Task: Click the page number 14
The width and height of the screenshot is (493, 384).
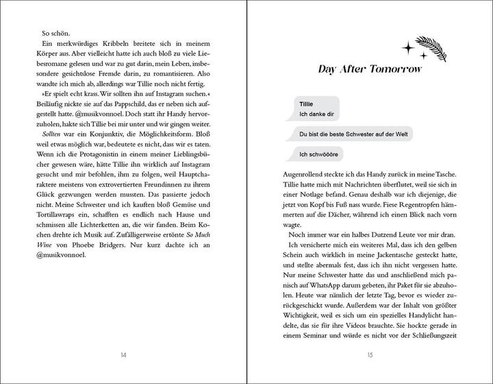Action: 124,355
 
